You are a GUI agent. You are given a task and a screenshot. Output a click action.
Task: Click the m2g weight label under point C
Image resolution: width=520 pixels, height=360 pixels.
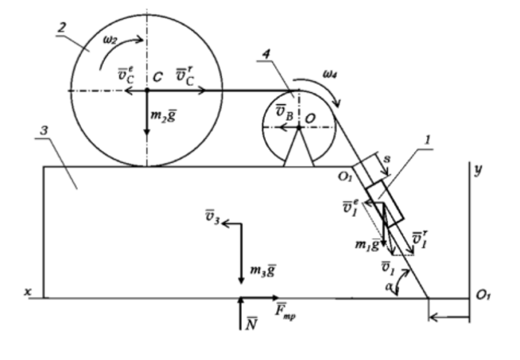point(164,118)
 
